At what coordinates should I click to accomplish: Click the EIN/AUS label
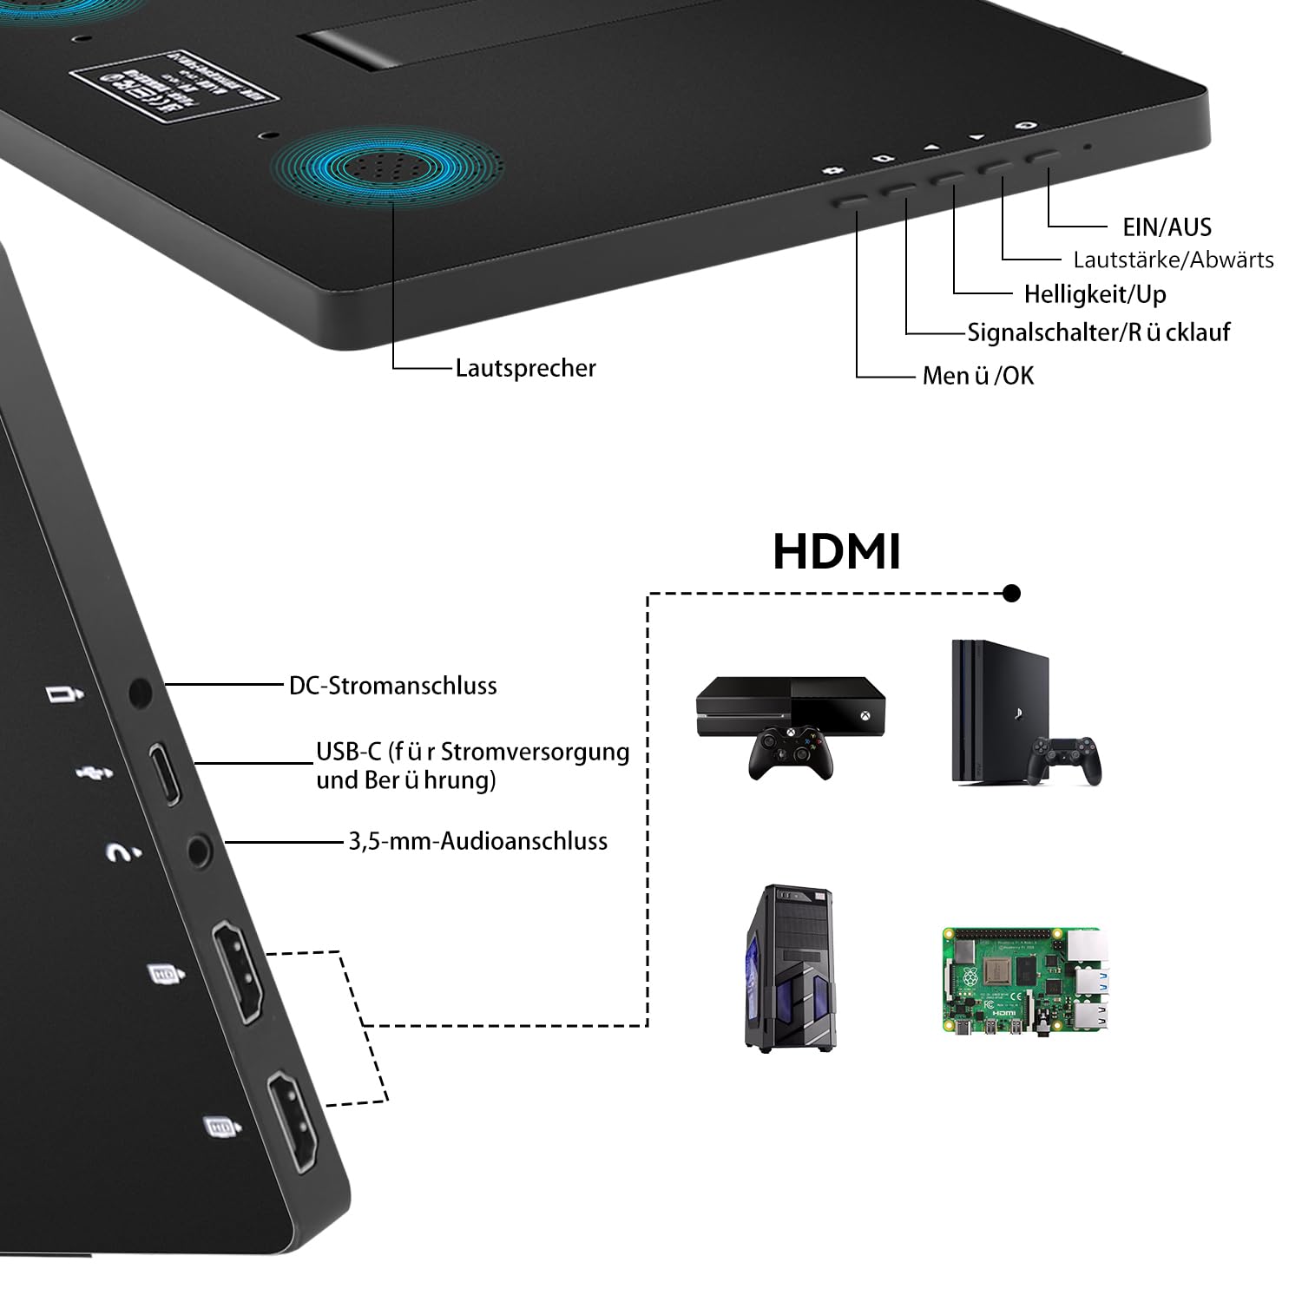(x=1167, y=227)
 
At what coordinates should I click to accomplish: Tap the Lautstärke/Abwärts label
(x=1173, y=260)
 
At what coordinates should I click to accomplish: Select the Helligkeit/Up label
(x=1095, y=294)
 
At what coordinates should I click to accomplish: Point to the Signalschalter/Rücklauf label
(x=1098, y=332)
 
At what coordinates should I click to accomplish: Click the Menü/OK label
(x=978, y=376)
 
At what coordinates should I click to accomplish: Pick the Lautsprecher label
(x=525, y=368)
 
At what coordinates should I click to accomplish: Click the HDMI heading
(x=837, y=552)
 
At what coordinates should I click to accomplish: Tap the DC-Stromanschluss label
(x=392, y=686)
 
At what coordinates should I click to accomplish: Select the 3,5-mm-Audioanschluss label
(x=477, y=841)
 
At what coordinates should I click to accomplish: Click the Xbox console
(x=790, y=706)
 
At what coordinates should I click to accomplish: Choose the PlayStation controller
(x=1064, y=760)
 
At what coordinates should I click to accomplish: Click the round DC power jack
(x=139, y=693)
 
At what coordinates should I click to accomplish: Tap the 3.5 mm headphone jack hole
(x=200, y=852)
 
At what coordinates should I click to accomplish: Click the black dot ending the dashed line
(x=1011, y=594)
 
